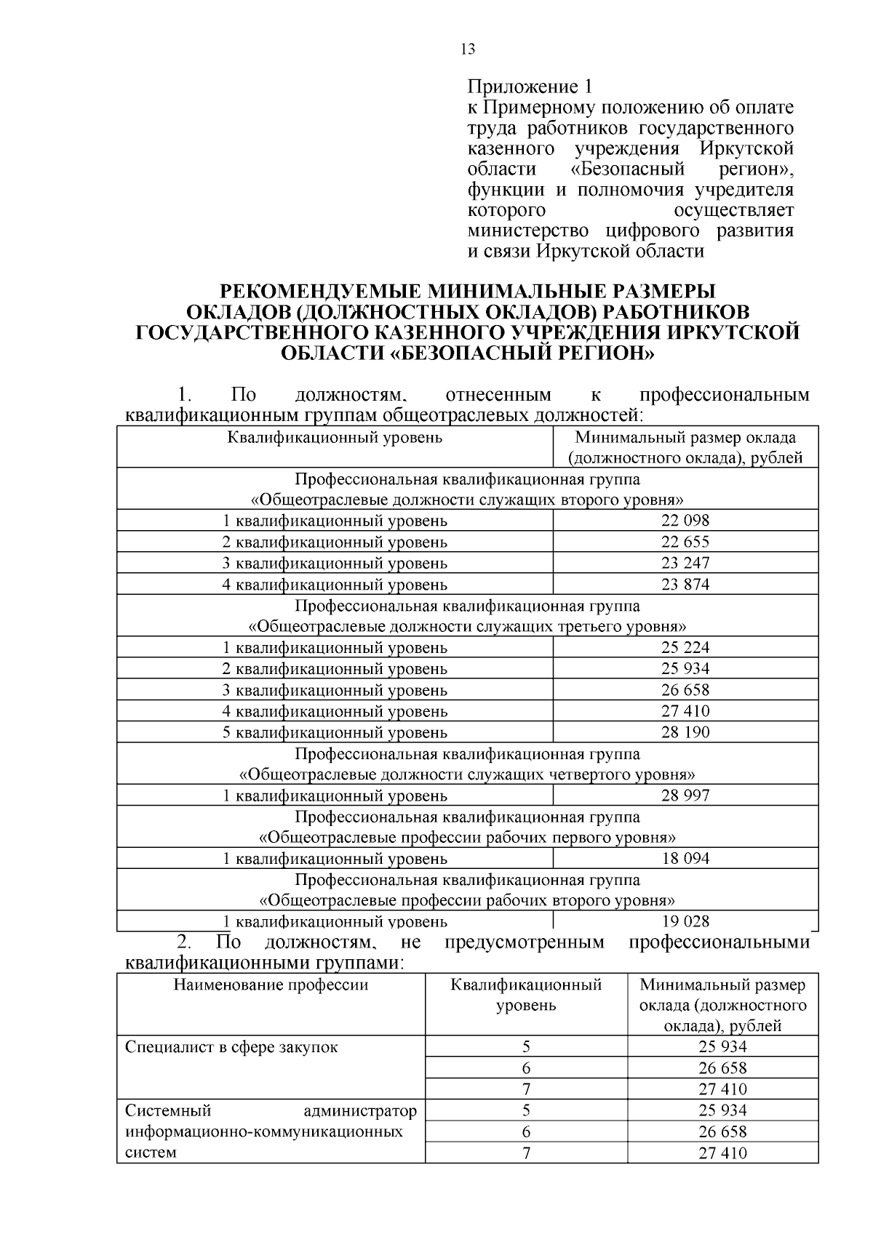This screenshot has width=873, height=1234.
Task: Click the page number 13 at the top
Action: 468,49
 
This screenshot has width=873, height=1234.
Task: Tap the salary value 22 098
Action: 685,521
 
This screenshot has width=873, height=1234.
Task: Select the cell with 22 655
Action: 685,542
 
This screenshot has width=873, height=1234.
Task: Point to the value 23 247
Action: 685,563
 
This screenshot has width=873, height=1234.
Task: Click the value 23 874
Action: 685,584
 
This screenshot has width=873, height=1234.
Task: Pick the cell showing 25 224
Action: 685,647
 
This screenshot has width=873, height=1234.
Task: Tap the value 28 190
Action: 685,732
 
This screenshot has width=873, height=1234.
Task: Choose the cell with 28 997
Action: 685,795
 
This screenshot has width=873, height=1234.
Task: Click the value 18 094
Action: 685,858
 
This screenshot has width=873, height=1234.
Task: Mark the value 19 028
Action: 685,921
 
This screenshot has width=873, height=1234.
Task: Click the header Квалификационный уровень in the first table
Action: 335,438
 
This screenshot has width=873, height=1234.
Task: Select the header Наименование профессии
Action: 271,985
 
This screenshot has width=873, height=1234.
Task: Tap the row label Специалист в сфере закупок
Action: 231,1048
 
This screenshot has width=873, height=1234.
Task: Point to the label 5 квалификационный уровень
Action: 335,732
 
